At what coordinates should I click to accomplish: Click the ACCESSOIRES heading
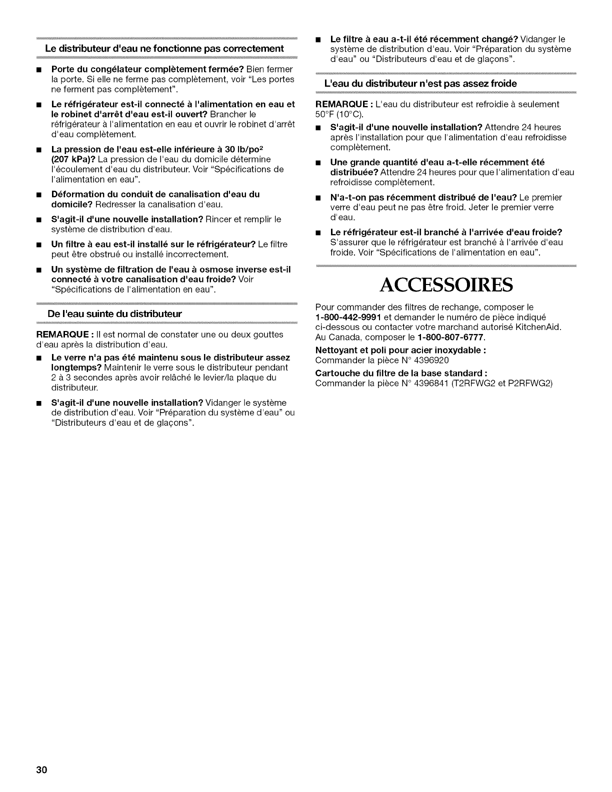[x=445, y=286]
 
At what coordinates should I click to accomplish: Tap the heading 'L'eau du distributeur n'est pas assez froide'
[x=420, y=83]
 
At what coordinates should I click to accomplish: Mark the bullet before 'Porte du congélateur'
[x=39, y=69]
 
